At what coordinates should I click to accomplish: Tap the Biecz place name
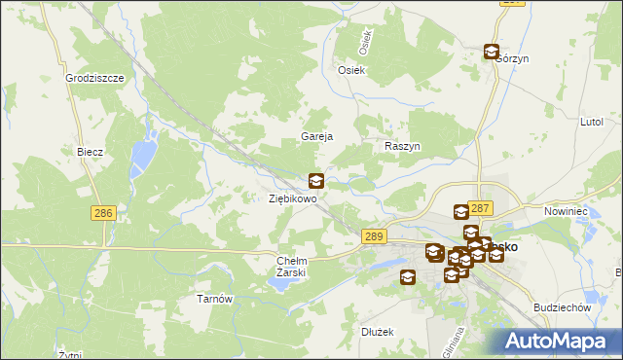tap(91, 153)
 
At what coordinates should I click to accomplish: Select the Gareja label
tap(317, 137)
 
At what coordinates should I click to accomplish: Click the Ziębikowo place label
tap(293, 198)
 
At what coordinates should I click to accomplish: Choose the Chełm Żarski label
tap(292, 267)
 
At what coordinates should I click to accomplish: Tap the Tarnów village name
tap(215, 299)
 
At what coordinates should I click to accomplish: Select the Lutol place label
tap(592, 124)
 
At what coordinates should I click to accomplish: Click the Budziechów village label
tap(564, 307)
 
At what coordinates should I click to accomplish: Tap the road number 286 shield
tap(104, 212)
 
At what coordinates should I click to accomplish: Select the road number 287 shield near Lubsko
tap(480, 208)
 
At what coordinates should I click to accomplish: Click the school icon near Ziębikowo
tap(316, 180)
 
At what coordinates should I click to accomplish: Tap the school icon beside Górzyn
tap(492, 53)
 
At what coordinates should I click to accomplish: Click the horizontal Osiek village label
tap(350, 71)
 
